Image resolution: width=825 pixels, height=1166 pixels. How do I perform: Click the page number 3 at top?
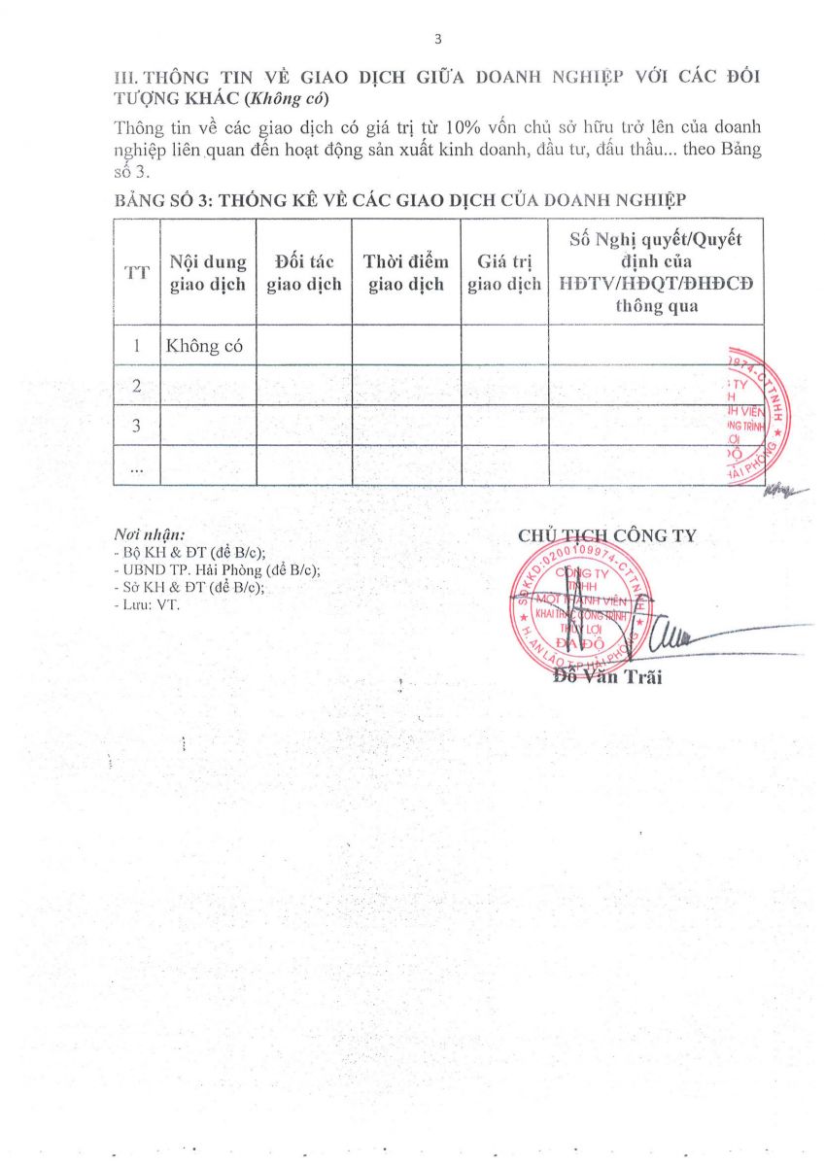click(x=437, y=39)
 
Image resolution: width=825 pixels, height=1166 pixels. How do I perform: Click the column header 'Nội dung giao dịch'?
click(x=208, y=273)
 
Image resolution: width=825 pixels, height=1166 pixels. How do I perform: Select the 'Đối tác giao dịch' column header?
click(x=304, y=273)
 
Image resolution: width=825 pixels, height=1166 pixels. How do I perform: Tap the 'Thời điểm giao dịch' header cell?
click(x=406, y=273)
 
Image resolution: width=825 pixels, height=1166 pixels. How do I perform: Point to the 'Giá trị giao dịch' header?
click(x=504, y=273)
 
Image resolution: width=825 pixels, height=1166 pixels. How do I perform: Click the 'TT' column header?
click(x=137, y=273)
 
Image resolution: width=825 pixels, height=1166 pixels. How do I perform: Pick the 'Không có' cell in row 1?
click(x=204, y=346)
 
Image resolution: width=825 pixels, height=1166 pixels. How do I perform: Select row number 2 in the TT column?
click(x=137, y=386)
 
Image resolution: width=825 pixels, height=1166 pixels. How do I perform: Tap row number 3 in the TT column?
click(x=137, y=426)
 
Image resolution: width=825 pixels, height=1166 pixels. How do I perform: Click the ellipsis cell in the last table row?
click(x=137, y=465)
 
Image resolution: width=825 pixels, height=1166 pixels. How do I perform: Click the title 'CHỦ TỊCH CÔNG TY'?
click(x=607, y=535)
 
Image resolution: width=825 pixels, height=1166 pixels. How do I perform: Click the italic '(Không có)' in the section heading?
click(x=293, y=98)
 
